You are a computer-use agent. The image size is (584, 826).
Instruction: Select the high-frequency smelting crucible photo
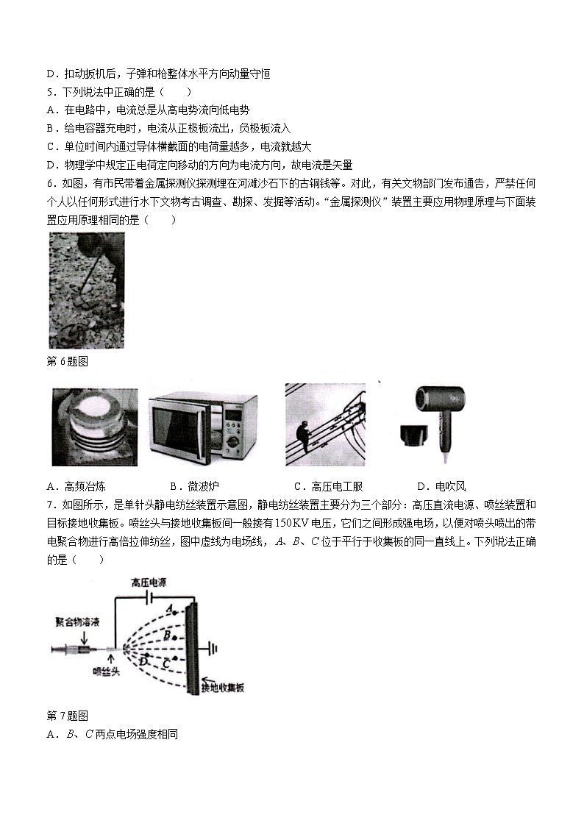tap(93, 427)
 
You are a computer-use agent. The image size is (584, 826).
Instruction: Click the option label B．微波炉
tap(194, 486)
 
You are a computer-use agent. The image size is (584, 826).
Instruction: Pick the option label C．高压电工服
tap(328, 486)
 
